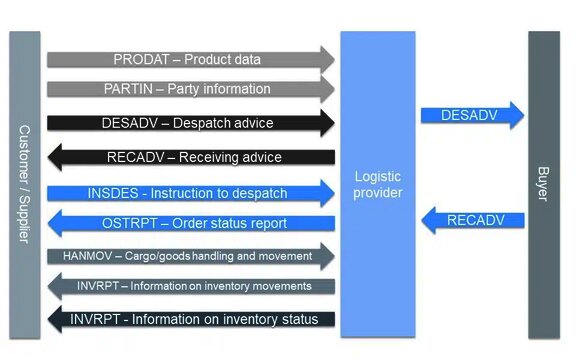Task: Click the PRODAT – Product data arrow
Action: point(190,59)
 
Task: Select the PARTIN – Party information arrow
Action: point(190,89)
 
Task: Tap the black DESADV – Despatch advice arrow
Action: point(190,123)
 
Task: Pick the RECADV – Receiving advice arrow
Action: point(190,157)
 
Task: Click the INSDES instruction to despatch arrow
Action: point(190,191)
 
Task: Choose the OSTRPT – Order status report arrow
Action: point(190,223)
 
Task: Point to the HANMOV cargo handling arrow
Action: point(190,255)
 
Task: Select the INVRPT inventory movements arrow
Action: point(190,286)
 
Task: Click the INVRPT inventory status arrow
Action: point(190,319)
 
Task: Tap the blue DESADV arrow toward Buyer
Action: point(471,115)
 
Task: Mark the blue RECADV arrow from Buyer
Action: point(471,219)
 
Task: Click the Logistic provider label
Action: point(377,184)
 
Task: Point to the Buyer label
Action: point(543,184)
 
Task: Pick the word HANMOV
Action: point(84,255)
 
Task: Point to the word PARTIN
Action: point(128,89)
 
